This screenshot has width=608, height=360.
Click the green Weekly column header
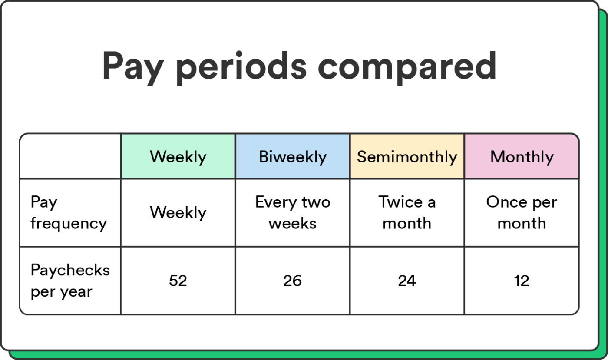(x=178, y=157)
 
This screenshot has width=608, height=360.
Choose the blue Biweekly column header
(x=292, y=157)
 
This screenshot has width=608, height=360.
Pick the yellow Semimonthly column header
(x=407, y=157)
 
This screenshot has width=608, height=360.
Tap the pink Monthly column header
(x=522, y=157)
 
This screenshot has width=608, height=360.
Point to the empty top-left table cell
(x=70, y=157)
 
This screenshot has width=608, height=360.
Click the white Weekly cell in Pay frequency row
(x=178, y=213)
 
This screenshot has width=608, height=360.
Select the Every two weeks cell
(x=292, y=213)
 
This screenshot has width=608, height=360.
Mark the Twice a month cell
(x=407, y=213)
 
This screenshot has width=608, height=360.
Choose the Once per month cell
(x=522, y=213)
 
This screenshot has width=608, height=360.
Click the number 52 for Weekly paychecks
(x=178, y=281)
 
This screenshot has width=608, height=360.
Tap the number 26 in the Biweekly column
(x=292, y=281)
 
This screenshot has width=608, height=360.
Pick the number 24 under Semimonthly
(x=407, y=281)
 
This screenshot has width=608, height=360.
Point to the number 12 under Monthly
(x=522, y=281)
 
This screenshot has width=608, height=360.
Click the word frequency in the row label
(x=69, y=224)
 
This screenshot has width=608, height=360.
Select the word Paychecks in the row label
(x=70, y=270)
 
